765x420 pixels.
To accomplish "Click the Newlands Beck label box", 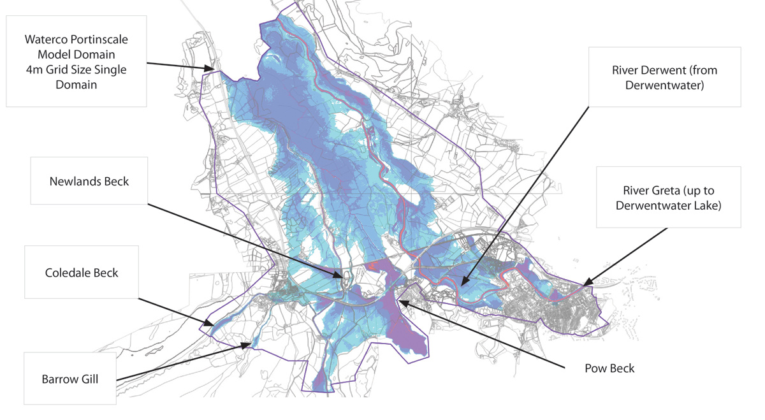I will (x=89, y=181).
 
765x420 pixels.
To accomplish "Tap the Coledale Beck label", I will (x=82, y=272).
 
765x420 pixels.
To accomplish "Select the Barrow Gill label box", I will (x=70, y=379).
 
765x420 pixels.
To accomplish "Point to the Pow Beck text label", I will (x=609, y=368).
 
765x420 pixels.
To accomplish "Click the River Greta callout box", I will (x=668, y=198).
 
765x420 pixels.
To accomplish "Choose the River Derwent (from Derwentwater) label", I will (x=664, y=77).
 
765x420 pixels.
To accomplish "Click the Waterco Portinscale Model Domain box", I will (x=76, y=61).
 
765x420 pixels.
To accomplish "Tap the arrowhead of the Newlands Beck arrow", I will (x=345, y=277).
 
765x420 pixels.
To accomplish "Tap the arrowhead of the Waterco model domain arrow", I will (x=215, y=68).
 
